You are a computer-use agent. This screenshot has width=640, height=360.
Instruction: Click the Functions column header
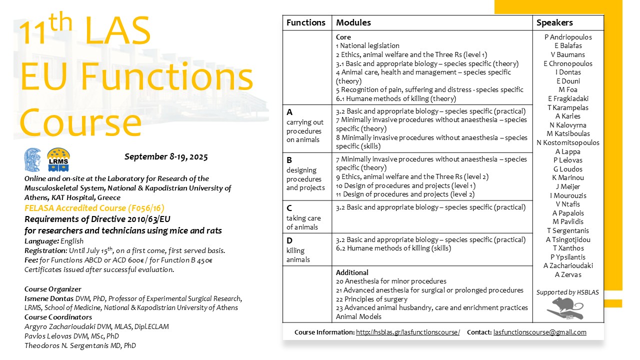click(306, 22)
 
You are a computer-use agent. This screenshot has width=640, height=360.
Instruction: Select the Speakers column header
click(554, 22)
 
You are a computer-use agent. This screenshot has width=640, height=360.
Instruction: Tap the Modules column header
click(353, 22)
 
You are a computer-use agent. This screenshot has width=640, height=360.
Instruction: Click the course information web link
click(407, 332)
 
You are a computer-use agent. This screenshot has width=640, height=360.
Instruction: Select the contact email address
click(539, 332)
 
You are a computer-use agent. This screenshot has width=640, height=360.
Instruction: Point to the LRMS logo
click(58, 159)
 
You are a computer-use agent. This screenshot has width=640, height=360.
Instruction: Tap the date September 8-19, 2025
click(166, 156)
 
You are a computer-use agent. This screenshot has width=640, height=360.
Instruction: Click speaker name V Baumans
click(567, 54)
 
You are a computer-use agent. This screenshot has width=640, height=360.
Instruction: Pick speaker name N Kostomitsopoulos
click(567, 142)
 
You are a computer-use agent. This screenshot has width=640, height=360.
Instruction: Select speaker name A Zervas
click(567, 274)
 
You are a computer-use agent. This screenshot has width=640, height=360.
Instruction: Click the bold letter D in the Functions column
click(289, 240)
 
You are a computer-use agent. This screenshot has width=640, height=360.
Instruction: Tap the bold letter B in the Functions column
click(289, 160)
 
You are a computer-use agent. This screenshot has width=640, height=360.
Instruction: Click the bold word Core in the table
click(343, 37)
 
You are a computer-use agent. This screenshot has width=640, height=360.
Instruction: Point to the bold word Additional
click(352, 272)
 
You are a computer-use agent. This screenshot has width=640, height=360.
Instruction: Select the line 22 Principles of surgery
click(371, 299)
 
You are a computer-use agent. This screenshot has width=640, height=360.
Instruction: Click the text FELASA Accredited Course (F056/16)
click(94, 207)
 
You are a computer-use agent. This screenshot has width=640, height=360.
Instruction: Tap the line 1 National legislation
click(367, 45)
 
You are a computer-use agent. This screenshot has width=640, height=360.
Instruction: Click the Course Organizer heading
click(52, 289)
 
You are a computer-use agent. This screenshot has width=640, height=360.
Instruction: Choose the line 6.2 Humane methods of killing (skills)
click(393, 248)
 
